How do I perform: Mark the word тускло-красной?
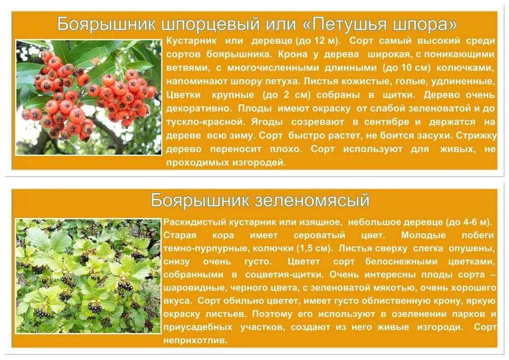[x=196, y=122]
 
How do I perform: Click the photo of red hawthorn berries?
[x=89, y=97]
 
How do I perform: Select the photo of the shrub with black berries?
[x=89, y=275]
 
